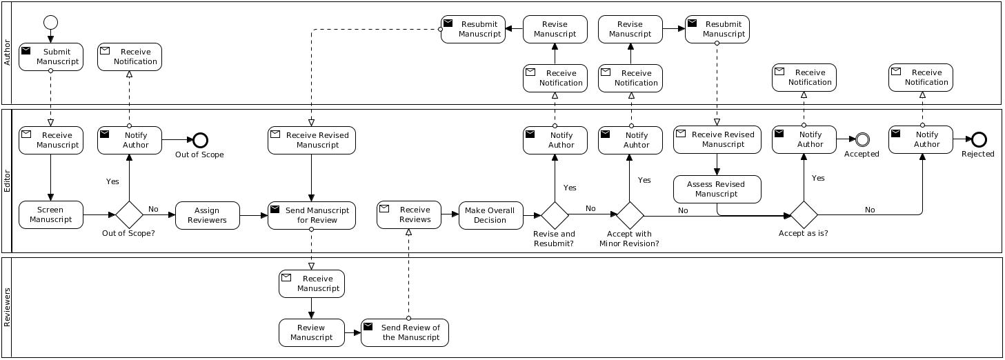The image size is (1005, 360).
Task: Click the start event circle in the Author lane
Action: pos(50,22)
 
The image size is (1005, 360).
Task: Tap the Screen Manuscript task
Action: pos(50,215)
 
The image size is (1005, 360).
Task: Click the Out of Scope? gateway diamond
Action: pos(129,215)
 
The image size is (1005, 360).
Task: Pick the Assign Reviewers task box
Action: pos(207,215)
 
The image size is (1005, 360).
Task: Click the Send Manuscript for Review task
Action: pos(312,215)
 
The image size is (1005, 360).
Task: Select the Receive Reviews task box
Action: pos(408,215)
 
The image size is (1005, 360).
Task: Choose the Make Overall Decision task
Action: pos(490,215)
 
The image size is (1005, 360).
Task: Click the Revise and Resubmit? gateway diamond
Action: pos(555,215)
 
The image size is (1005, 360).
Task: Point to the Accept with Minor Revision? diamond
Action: pos(630,215)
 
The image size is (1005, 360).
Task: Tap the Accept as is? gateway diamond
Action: pos(804,215)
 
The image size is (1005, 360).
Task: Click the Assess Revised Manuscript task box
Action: pos(717,189)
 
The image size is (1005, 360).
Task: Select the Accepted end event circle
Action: pos(862,139)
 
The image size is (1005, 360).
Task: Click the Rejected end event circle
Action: pos(978,139)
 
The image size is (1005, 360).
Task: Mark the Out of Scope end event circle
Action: pos(200,140)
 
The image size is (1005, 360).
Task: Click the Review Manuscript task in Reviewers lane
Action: pos(311,332)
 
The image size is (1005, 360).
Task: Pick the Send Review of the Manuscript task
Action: pos(404,332)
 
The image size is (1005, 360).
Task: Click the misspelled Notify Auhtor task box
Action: pos(630,140)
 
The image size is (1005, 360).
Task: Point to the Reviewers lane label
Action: pos(8,308)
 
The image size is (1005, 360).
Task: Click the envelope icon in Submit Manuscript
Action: pos(26,50)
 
